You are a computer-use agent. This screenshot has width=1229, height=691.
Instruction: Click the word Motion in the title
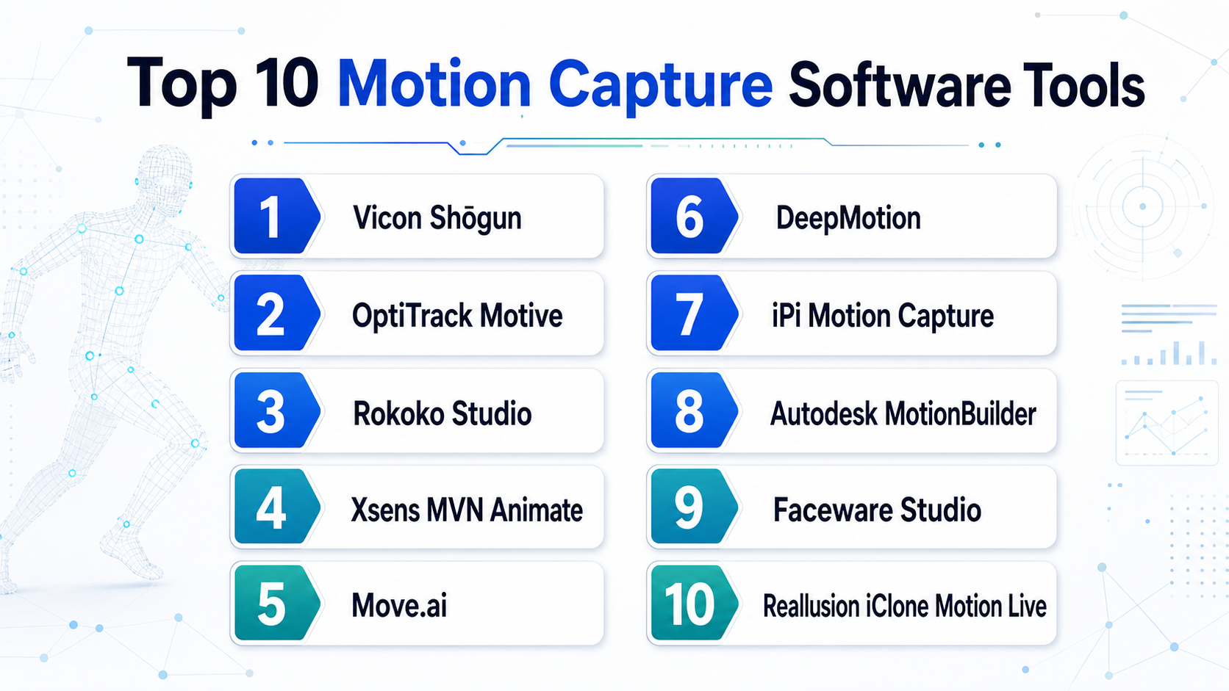point(434,84)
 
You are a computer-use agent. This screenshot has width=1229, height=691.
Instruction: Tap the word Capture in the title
point(661,87)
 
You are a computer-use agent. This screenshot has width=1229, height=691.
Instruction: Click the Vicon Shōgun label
point(437,218)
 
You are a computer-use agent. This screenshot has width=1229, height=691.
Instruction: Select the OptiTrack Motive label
point(457,316)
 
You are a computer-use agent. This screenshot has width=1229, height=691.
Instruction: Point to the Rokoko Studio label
point(442,413)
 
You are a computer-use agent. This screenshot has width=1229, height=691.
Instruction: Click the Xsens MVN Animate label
point(466,510)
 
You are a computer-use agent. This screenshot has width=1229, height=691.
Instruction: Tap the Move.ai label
point(399,606)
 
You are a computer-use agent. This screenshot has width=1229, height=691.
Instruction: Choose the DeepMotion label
point(848,218)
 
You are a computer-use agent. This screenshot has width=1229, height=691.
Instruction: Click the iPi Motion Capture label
point(882,316)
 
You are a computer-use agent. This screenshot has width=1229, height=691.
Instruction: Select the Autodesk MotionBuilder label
point(903,413)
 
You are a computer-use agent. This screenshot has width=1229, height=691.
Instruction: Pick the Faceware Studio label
point(877,510)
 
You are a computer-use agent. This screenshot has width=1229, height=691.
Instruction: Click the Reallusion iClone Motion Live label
point(904,606)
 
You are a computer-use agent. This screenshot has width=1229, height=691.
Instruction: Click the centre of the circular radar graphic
point(1143,206)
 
